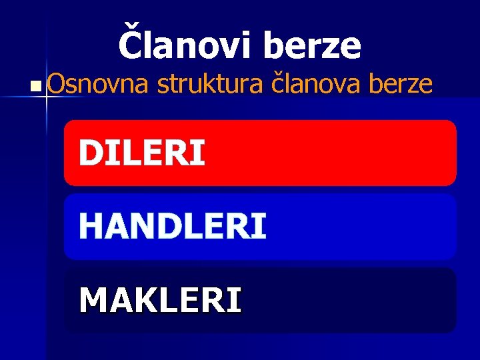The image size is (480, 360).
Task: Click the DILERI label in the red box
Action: tap(141, 153)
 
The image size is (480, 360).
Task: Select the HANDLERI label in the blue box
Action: tap(173, 226)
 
